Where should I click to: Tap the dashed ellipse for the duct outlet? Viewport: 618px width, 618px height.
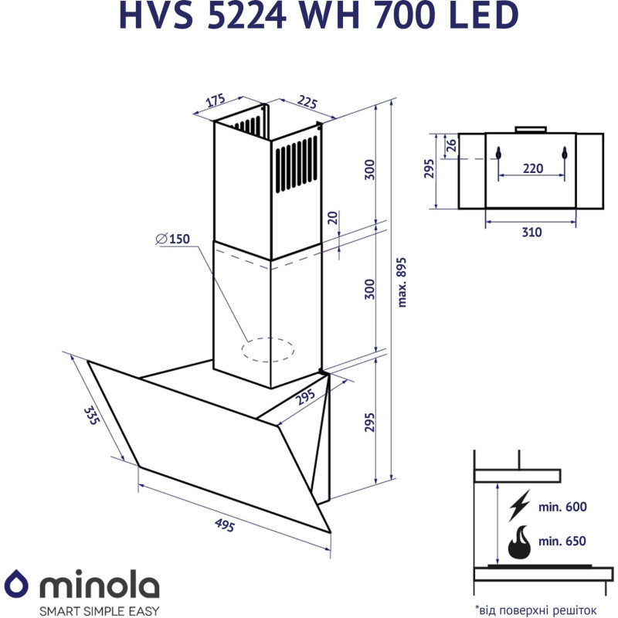pyautogui.click(x=268, y=350)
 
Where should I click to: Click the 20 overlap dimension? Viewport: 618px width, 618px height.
pyautogui.click(x=333, y=218)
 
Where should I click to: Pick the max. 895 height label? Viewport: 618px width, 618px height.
pyautogui.click(x=401, y=281)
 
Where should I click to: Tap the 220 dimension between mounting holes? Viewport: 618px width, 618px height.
pyautogui.click(x=532, y=168)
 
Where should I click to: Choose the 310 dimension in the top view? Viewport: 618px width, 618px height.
pyautogui.click(x=531, y=232)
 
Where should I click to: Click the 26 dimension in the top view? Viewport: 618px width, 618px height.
pyautogui.click(x=452, y=143)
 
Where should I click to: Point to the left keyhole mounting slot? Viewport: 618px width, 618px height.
pyautogui.click(x=498, y=153)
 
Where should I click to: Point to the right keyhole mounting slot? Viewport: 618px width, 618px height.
pyautogui.click(x=565, y=153)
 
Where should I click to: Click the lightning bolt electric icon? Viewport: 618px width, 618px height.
pyautogui.click(x=519, y=507)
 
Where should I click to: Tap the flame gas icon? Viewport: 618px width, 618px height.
pyautogui.click(x=519, y=543)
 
